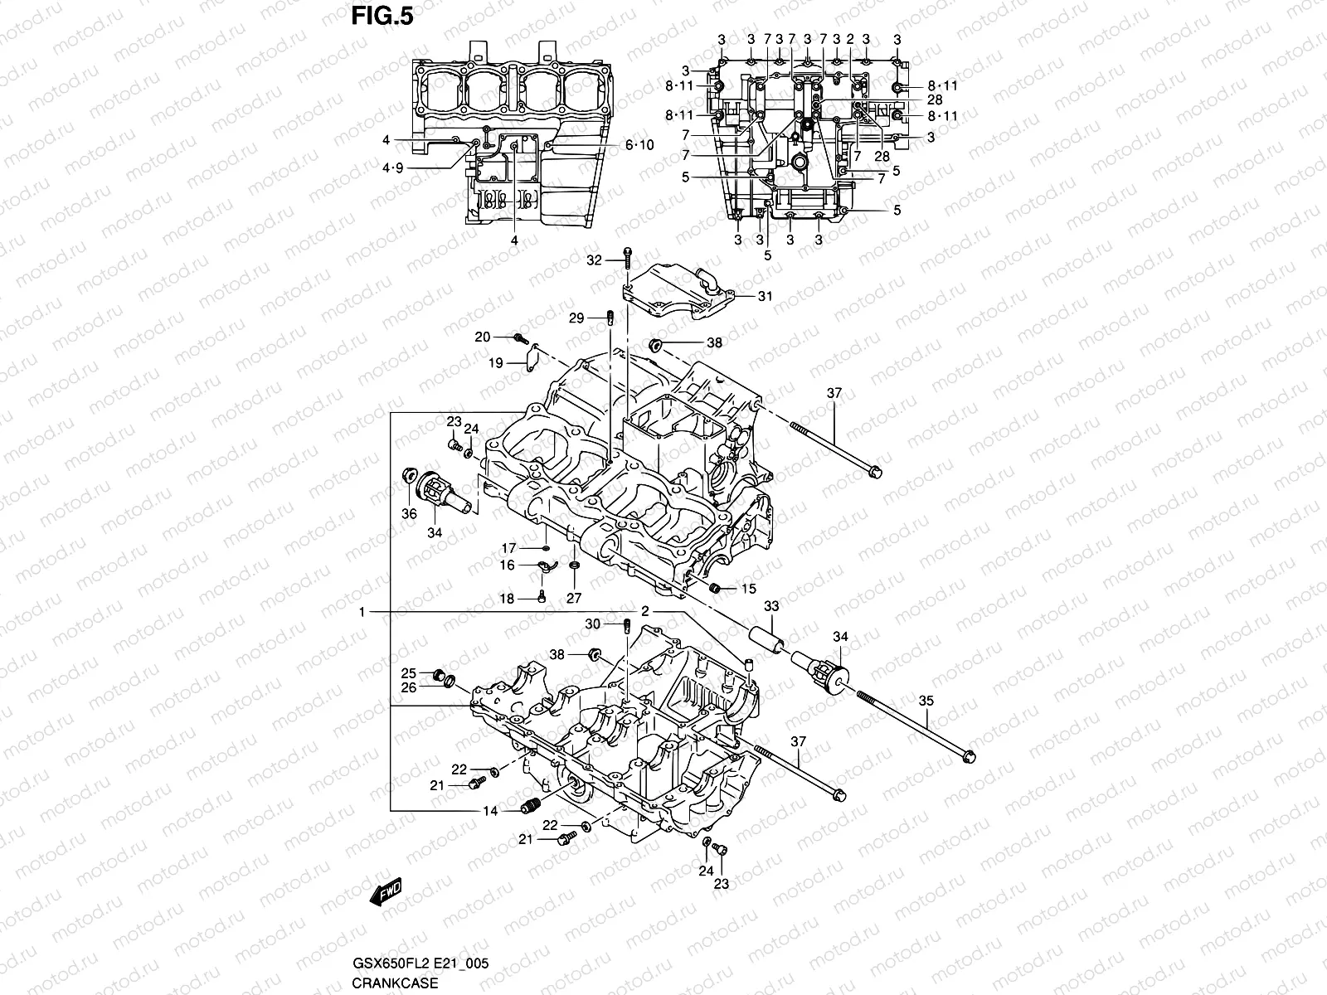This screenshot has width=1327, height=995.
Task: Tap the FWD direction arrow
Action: tap(386, 891)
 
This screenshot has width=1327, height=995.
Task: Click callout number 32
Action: tap(593, 260)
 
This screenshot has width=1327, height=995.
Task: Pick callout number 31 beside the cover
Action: tap(765, 296)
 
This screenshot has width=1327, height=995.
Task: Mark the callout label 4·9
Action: tap(392, 168)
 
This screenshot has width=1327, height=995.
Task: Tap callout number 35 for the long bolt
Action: tap(926, 701)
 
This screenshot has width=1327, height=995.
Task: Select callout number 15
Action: tap(748, 589)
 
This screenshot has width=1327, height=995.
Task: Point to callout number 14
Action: tap(490, 811)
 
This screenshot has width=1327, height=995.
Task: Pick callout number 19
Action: tap(495, 363)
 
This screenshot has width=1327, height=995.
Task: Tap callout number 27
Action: tap(574, 598)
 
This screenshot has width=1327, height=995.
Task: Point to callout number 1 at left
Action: tap(362, 612)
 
